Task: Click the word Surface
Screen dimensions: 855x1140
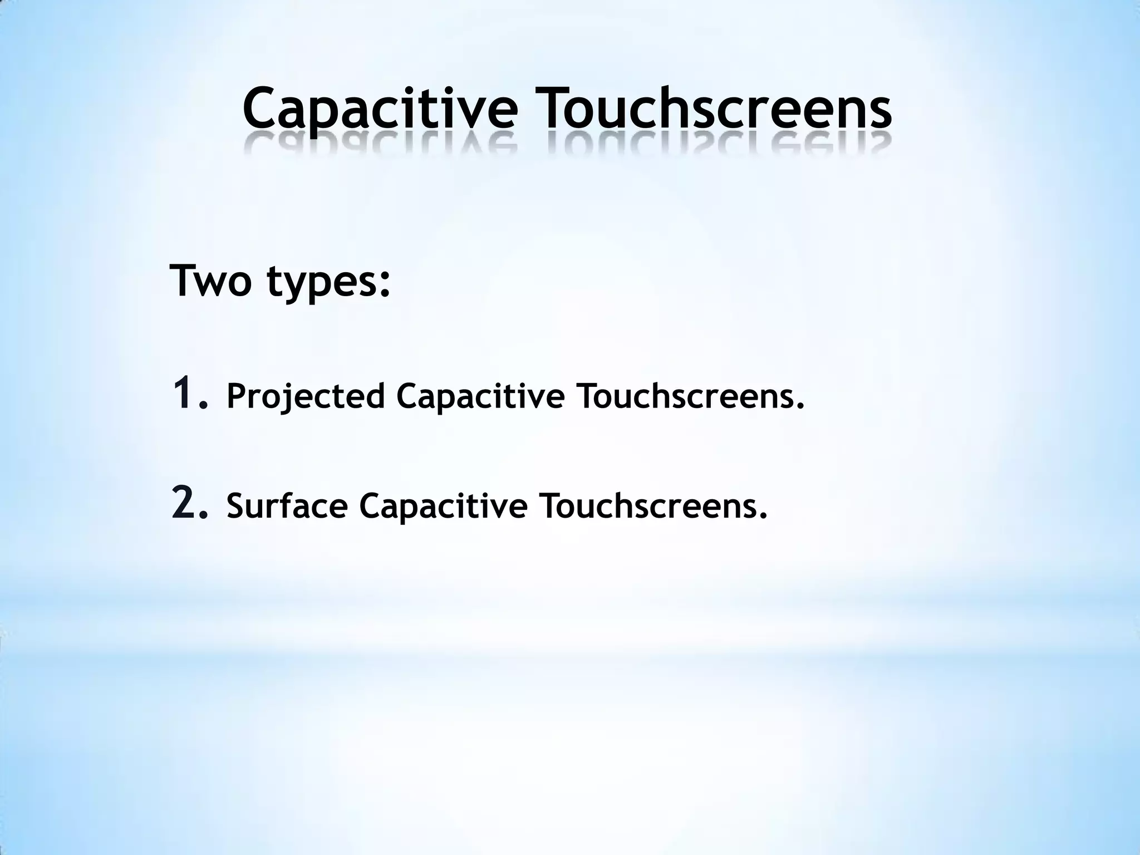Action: click(287, 507)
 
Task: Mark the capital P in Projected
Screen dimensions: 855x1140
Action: click(237, 396)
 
